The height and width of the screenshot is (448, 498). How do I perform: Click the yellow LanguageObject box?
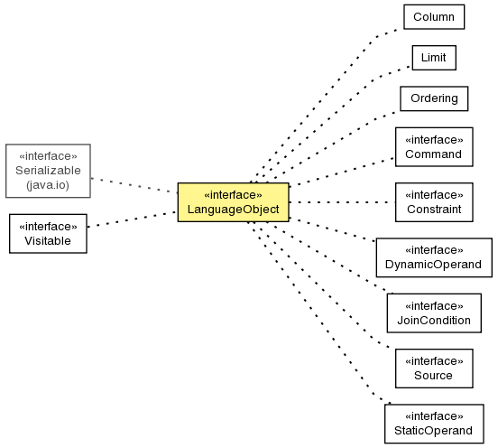[x=233, y=202]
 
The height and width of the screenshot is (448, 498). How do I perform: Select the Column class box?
[x=434, y=17]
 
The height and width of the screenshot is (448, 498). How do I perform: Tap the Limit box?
[x=434, y=58]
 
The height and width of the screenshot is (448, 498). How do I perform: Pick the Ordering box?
[x=434, y=98]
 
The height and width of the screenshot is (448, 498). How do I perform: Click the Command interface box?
[x=434, y=147]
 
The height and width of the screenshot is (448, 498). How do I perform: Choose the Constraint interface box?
[x=434, y=202]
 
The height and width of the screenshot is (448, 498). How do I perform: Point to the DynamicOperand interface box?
[x=434, y=257]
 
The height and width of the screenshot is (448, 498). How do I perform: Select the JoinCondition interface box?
[x=434, y=313]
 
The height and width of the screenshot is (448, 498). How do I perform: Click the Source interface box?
[x=434, y=369]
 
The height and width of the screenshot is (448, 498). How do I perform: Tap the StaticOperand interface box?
[x=434, y=424]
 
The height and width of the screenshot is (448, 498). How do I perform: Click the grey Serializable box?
[x=48, y=171]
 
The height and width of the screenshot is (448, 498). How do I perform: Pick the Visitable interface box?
[x=48, y=234]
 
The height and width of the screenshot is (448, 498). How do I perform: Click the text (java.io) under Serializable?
[x=48, y=185]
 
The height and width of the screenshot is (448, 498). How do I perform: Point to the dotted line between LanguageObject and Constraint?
[x=342, y=202]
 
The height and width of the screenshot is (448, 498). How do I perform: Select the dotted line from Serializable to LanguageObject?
[x=134, y=185]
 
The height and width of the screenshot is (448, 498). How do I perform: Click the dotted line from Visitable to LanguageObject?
[x=132, y=219]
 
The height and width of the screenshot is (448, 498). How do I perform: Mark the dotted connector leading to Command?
[x=342, y=172]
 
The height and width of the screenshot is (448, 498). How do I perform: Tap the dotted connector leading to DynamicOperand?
[x=333, y=230]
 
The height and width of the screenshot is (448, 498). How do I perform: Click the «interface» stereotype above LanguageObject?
[x=233, y=195]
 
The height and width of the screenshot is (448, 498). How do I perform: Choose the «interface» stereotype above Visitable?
[x=48, y=227]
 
